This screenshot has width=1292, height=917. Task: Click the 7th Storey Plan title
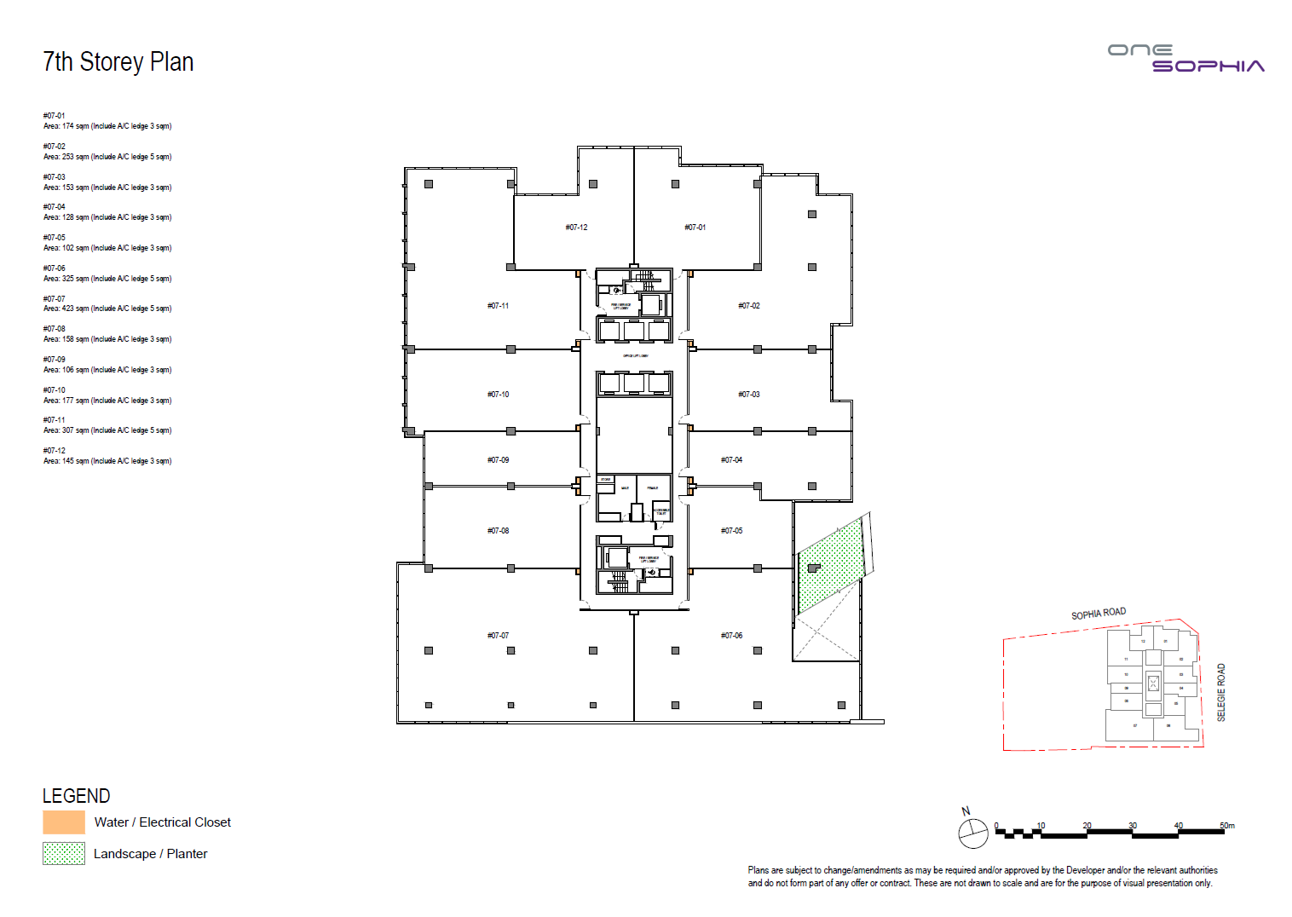[x=118, y=62]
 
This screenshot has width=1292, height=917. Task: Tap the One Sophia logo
[x=1185, y=58]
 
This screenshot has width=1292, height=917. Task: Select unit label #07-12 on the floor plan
[x=576, y=228]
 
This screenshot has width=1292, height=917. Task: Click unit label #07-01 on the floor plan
[x=695, y=228]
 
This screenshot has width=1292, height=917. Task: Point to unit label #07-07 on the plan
[x=498, y=636]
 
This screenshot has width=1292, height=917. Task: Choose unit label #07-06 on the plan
[x=731, y=636]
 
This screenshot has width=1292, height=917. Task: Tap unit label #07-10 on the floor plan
[x=498, y=395]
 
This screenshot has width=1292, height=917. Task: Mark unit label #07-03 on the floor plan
[x=748, y=395]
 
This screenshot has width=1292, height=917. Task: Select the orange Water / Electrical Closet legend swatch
[x=64, y=822]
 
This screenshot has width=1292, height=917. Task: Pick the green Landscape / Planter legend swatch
[x=64, y=853]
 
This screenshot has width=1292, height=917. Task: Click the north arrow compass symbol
[x=972, y=833]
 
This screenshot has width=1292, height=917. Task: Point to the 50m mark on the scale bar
[x=1226, y=826]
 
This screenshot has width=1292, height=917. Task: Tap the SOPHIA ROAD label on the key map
[x=1099, y=614]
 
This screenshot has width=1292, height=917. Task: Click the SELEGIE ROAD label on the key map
[x=1220, y=693]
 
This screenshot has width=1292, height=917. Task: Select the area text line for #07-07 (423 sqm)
[x=107, y=309]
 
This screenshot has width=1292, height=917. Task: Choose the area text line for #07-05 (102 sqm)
[x=107, y=248]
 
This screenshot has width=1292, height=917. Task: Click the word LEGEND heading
[x=77, y=796]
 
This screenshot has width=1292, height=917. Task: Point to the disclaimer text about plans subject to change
[x=982, y=877]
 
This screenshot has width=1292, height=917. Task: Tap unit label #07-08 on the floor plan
[x=498, y=531]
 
